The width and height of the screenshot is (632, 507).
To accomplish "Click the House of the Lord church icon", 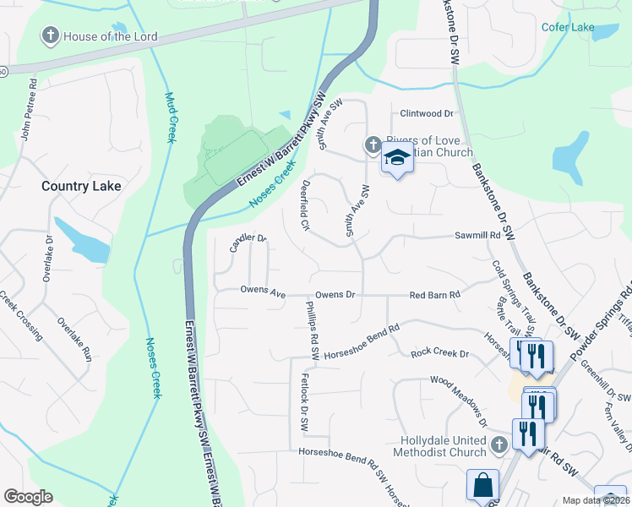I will [x=51, y=36].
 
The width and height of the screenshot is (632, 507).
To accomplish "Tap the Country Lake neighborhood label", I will [x=82, y=186].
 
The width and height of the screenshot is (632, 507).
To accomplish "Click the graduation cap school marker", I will [x=395, y=157].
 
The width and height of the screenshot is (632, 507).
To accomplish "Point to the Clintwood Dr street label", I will [x=427, y=113].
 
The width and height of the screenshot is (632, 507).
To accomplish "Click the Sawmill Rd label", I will [x=477, y=236].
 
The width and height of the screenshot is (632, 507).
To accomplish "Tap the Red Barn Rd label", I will [x=433, y=295].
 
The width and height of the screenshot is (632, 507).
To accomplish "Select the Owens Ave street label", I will [x=263, y=292].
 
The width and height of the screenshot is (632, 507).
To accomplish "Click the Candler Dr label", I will [x=248, y=243].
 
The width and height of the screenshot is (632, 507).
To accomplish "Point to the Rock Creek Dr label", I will [x=439, y=353].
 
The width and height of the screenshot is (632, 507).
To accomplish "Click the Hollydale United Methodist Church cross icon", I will [x=499, y=444].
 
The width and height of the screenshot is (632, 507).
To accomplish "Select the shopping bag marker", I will [x=482, y=485].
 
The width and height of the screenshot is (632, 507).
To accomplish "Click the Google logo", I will [x=27, y=497].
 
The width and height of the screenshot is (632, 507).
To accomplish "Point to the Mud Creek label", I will [x=169, y=117].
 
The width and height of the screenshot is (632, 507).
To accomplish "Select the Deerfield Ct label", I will [x=304, y=208].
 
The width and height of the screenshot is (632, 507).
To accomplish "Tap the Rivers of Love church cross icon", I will [x=373, y=145].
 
